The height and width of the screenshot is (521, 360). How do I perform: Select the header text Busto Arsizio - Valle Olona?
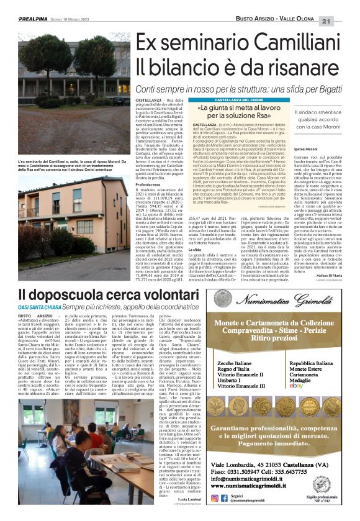tap(294, 5)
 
